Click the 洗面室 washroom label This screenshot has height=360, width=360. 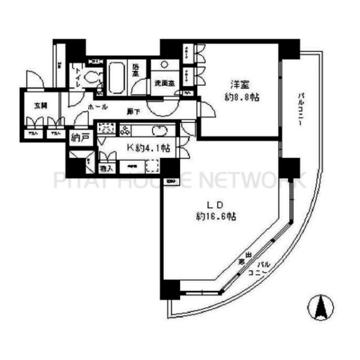pos(163,83)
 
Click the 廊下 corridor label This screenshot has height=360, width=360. pos(134,112)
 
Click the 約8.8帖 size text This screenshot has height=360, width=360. pos(242,97)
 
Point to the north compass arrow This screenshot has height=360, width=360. pos(320,308)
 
